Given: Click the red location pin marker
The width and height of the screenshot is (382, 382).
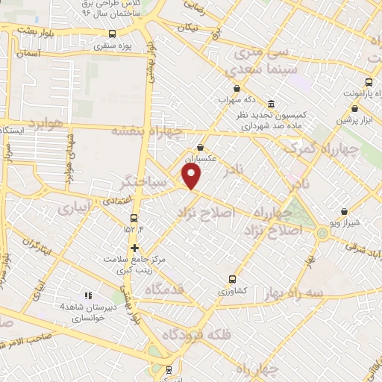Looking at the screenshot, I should [192, 176].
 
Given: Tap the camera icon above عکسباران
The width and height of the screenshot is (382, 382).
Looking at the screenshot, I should [200, 147].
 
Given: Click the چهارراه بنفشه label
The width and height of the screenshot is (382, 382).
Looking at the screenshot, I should [143, 130].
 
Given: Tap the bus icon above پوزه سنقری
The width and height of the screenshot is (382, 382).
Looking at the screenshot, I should [112, 34].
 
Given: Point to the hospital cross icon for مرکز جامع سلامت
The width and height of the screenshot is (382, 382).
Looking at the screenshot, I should [134, 248].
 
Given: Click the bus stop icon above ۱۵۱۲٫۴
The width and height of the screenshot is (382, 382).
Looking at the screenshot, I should [134, 218].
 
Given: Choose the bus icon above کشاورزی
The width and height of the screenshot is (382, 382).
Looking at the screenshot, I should [232, 280].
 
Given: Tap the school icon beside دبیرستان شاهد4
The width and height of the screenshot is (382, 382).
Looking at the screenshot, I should [88, 295].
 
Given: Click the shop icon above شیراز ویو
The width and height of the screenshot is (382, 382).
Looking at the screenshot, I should [343, 212].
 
